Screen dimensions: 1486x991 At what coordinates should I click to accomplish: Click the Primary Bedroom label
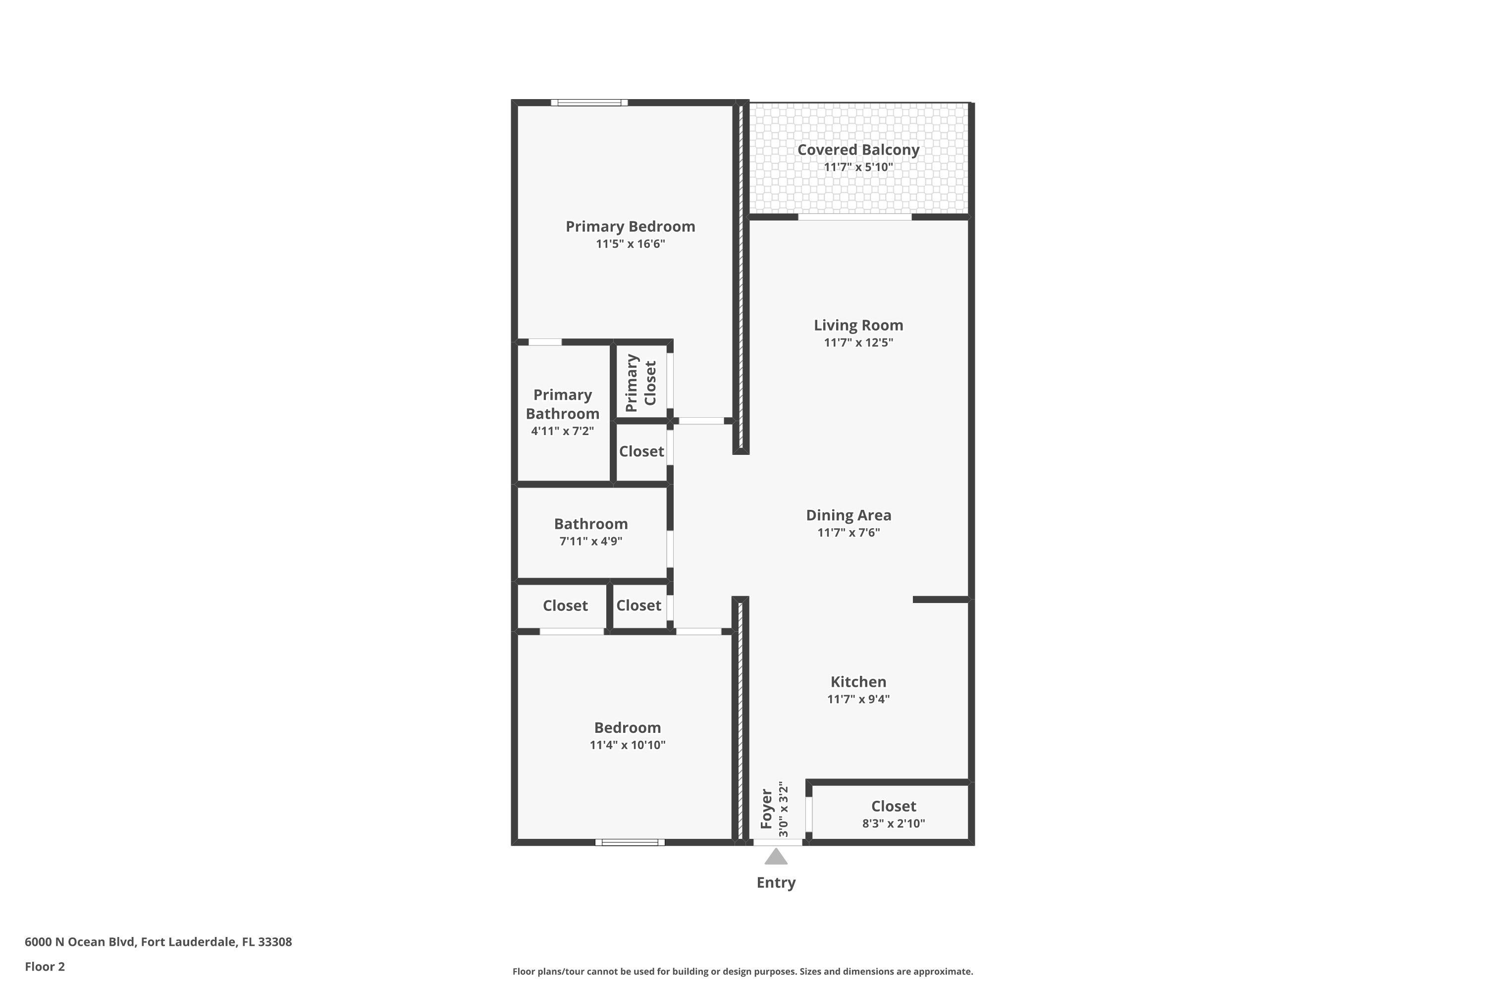pyautogui.click(x=630, y=226)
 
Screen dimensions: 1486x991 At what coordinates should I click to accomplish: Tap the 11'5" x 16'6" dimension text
pyautogui.click(x=630, y=244)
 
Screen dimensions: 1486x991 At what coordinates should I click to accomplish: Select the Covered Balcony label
pyautogui.click(x=858, y=150)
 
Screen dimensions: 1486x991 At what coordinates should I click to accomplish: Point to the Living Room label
pyautogui.click(x=858, y=325)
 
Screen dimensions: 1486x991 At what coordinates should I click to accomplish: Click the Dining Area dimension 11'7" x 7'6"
pyautogui.click(x=849, y=532)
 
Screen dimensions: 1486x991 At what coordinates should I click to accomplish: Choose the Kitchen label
pyautogui.click(x=858, y=681)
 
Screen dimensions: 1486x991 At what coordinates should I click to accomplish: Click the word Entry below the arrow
pyautogui.click(x=776, y=882)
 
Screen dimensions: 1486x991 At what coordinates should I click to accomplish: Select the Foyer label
pyautogui.click(x=766, y=809)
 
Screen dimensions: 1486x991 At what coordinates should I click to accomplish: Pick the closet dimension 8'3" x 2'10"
pyautogui.click(x=894, y=824)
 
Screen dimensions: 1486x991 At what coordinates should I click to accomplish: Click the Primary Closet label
pyautogui.click(x=640, y=383)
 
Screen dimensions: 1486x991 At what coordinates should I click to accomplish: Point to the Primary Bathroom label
pyautogui.click(x=562, y=404)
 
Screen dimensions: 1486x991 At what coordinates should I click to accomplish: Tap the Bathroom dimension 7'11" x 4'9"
pyautogui.click(x=591, y=541)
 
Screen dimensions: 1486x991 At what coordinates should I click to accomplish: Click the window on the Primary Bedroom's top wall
pyautogui.click(x=589, y=103)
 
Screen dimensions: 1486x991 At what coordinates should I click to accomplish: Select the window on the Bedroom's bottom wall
pyautogui.click(x=630, y=842)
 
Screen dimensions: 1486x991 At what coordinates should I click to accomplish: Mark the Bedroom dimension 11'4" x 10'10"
pyautogui.click(x=628, y=745)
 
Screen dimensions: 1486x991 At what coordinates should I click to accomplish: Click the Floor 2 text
pyautogui.click(x=45, y=966)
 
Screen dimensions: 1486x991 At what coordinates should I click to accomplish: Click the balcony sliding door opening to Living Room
pyautogui.click(x=855, y=217)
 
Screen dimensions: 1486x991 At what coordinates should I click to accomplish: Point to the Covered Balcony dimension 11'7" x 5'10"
pyautogui.click(x=858, y=167)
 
